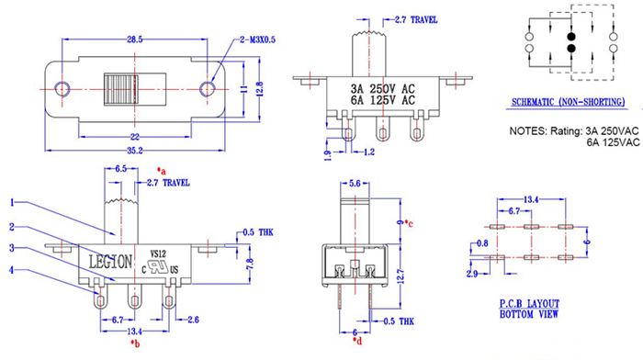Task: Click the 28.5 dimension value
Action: pyautogui.click(x=134, y=39)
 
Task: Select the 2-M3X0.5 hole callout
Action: pyautogui.click(x=257, y=39)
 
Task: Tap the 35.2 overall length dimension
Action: pyautogui.click(x=134, y=151)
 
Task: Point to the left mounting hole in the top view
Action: pyautogui.click(x=62, y=88)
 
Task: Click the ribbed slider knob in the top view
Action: pyautogui.click(x=120, y=89)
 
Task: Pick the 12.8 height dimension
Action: pyautogui.click(x=259, y=89)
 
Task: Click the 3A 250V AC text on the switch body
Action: pyautogui.click(x=383, y=88)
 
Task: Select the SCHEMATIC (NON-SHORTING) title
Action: pyautogui.click(x=568, y=102)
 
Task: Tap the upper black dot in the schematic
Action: pyautogui.click(x=571, y=37)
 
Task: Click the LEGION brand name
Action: pyautogui.click(x=111, y=262)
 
